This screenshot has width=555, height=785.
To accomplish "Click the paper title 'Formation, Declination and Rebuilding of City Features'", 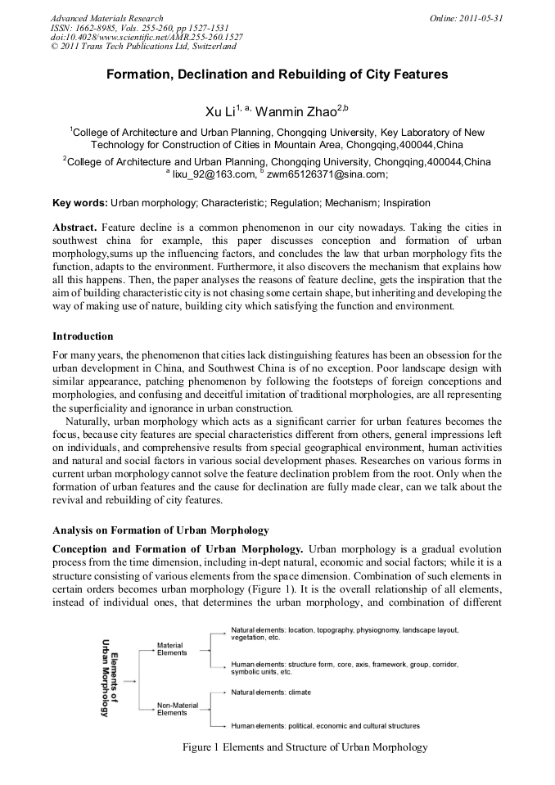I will (277, 74).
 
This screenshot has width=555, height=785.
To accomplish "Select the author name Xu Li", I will (219, 111).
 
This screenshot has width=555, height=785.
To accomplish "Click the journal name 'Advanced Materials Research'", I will (106, 18).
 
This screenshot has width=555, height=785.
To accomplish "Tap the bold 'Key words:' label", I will (79, 202).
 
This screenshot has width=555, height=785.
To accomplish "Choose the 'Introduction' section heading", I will (83, 336).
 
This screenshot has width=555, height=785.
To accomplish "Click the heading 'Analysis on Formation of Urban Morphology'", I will (160, 530).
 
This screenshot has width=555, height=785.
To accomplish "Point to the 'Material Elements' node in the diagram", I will (172, 649).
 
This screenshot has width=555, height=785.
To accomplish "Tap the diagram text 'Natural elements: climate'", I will (271, 693).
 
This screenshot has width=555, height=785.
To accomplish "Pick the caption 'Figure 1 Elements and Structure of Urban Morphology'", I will (305, 747).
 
